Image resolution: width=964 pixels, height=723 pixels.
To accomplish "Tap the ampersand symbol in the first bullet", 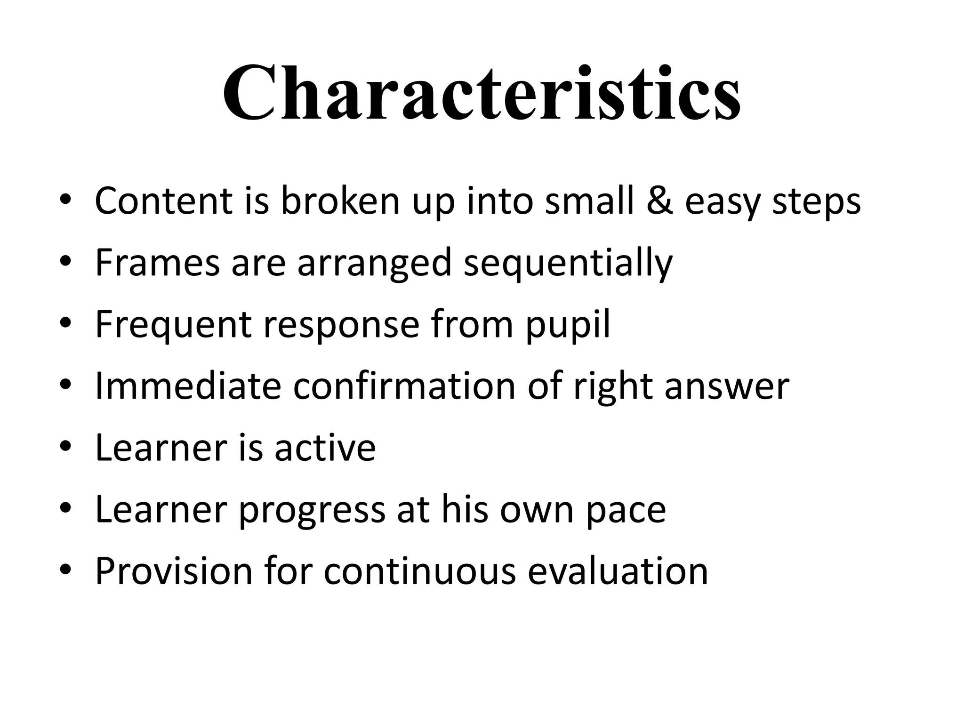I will [659, 201].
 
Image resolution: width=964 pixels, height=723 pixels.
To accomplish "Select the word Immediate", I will [188, 386].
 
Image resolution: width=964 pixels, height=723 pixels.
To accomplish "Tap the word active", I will [325, 448].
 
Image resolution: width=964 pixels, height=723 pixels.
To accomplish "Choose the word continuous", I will [419, 571].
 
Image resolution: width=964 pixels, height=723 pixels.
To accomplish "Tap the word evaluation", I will [618, 571].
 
